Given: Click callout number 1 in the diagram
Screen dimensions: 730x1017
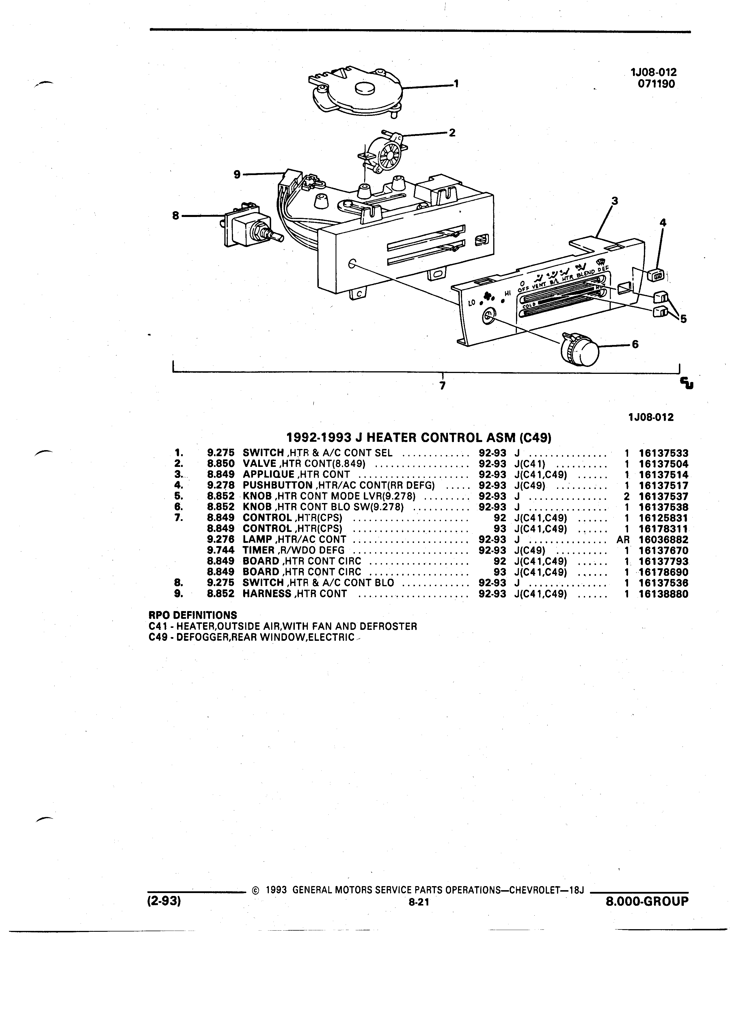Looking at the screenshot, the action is coord(456,83).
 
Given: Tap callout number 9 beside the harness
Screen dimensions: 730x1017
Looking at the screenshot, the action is coord(237,175).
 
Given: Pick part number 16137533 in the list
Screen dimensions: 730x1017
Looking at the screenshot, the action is coord(663,453).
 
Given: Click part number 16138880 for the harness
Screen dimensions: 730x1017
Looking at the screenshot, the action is coord(663,594).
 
